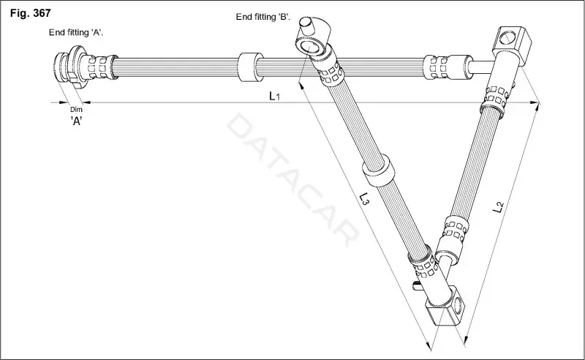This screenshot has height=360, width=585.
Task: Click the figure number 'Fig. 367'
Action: click(x=30, y=13)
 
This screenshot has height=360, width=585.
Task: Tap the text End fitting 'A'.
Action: click(x=76, y=32)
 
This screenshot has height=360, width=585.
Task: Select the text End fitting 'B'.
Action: click(x=263, y=17)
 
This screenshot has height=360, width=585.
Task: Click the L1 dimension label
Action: click(x=275, y=96)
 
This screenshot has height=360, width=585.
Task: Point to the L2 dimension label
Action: click(x=498, y=207)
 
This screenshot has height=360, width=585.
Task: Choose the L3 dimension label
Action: click(x=364, y=198)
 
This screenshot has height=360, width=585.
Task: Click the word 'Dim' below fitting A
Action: click(x=76, y=110)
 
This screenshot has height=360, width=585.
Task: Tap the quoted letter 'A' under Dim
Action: click(x=76, y=121)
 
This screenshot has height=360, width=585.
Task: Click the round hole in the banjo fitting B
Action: click(x=309, y=48)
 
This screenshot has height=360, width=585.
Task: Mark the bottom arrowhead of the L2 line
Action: click(x=465, y=339)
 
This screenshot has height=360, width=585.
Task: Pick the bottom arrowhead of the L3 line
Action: click(x=429, y=345)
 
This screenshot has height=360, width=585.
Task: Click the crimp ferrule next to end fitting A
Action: click(x=98, y=67)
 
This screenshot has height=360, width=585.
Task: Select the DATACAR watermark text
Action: click(x=293, y=180)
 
